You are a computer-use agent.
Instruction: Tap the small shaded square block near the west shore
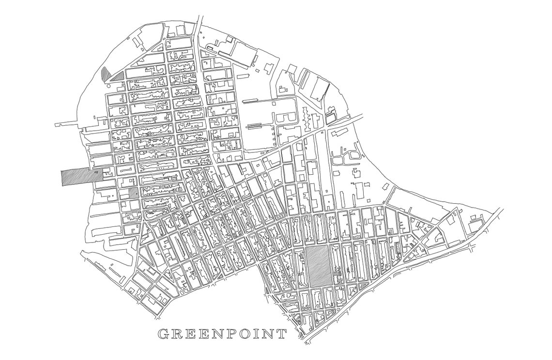(133, 193)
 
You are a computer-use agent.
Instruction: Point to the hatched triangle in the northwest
(118, 76)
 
